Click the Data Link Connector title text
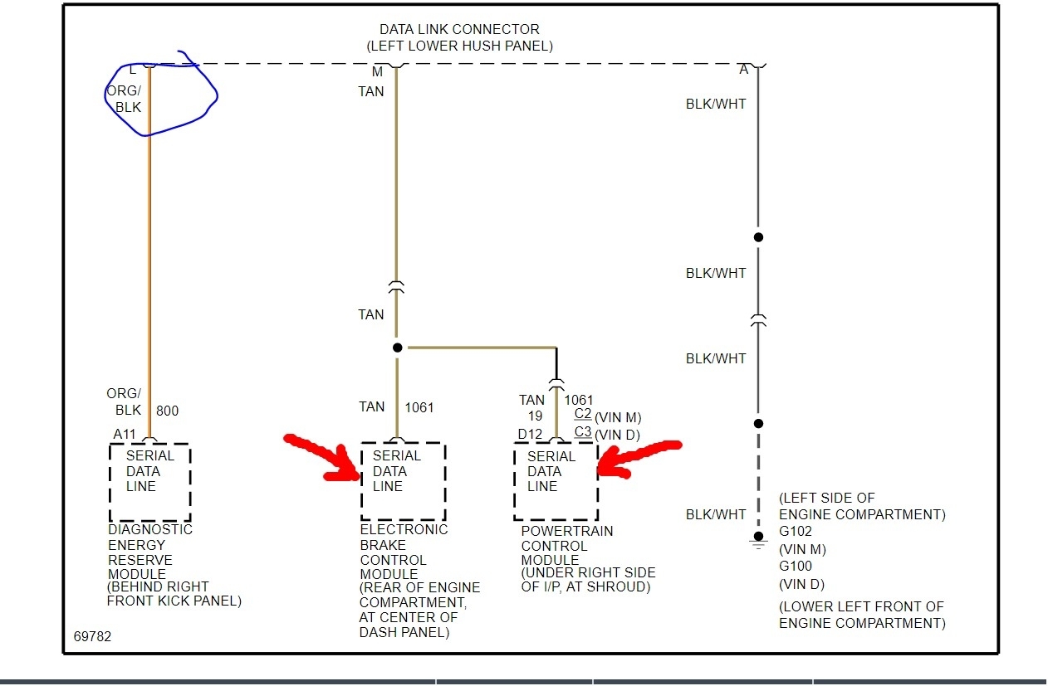coord(459,30)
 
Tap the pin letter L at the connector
coord(133,71)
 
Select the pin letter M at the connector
coord(377,71)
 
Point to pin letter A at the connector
coord(744,71)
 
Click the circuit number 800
coord(166,411)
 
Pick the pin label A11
coord(125,434)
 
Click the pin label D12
coord(529,434)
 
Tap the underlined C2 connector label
coord(582,415)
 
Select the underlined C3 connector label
coord(582,432)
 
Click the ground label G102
coord(795,532)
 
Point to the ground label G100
coord(795,566)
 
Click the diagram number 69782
coord(91,637)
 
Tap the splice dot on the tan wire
coord(397,348)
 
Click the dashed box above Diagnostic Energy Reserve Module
coord(149,481)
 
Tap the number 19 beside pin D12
coord(534,416)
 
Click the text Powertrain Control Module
coord(566,546)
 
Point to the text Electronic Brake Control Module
coord(404,552)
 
